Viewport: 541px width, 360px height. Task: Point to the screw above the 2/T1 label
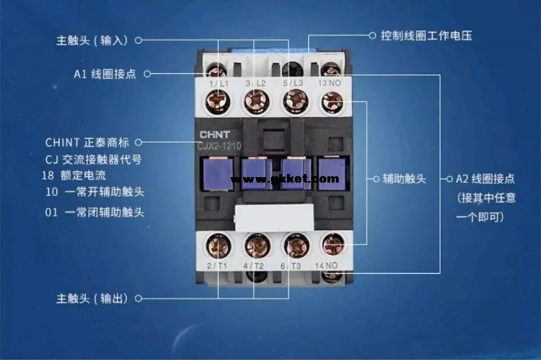pos(218,245)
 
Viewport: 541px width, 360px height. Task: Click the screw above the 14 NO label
pos(332,244)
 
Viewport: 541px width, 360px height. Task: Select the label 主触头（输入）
pos(92,41)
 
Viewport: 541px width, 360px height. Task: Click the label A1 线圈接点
pos(105,74)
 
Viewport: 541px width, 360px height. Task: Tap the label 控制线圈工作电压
pos(426,35)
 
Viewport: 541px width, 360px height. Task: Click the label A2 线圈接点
pos(485,179)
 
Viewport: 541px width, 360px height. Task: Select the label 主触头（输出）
pos(92,297)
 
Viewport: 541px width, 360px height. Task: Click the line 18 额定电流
pos(73,175)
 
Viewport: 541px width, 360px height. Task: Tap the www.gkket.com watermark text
pos(285,179)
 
